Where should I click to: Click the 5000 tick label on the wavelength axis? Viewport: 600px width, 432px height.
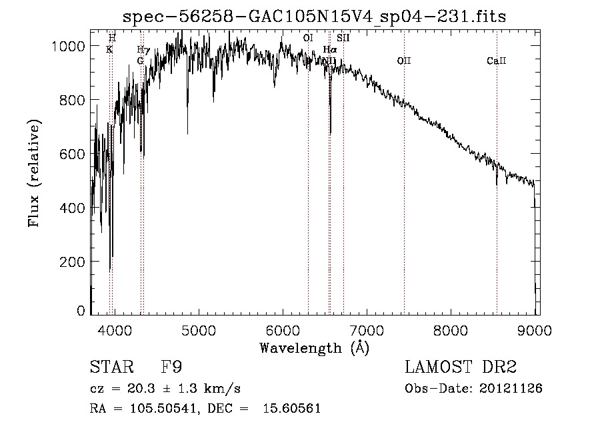click(x=198, y=328)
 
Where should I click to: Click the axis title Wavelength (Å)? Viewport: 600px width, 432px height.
click(x=315, y=347)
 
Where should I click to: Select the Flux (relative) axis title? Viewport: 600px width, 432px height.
click(x=34, y=173)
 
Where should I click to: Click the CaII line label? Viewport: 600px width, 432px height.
click(x=497, y=61)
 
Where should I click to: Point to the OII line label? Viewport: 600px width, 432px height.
click(x=404, y=61)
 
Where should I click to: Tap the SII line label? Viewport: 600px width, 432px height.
click(x=343, y=39)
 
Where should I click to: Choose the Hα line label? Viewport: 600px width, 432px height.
click(x=329, y=50)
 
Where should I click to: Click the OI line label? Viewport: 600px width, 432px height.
click(x=307, y=39)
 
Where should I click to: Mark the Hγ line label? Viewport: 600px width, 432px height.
click(x=141, y=50)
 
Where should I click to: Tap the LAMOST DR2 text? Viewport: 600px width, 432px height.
click(x=460, y=368)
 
